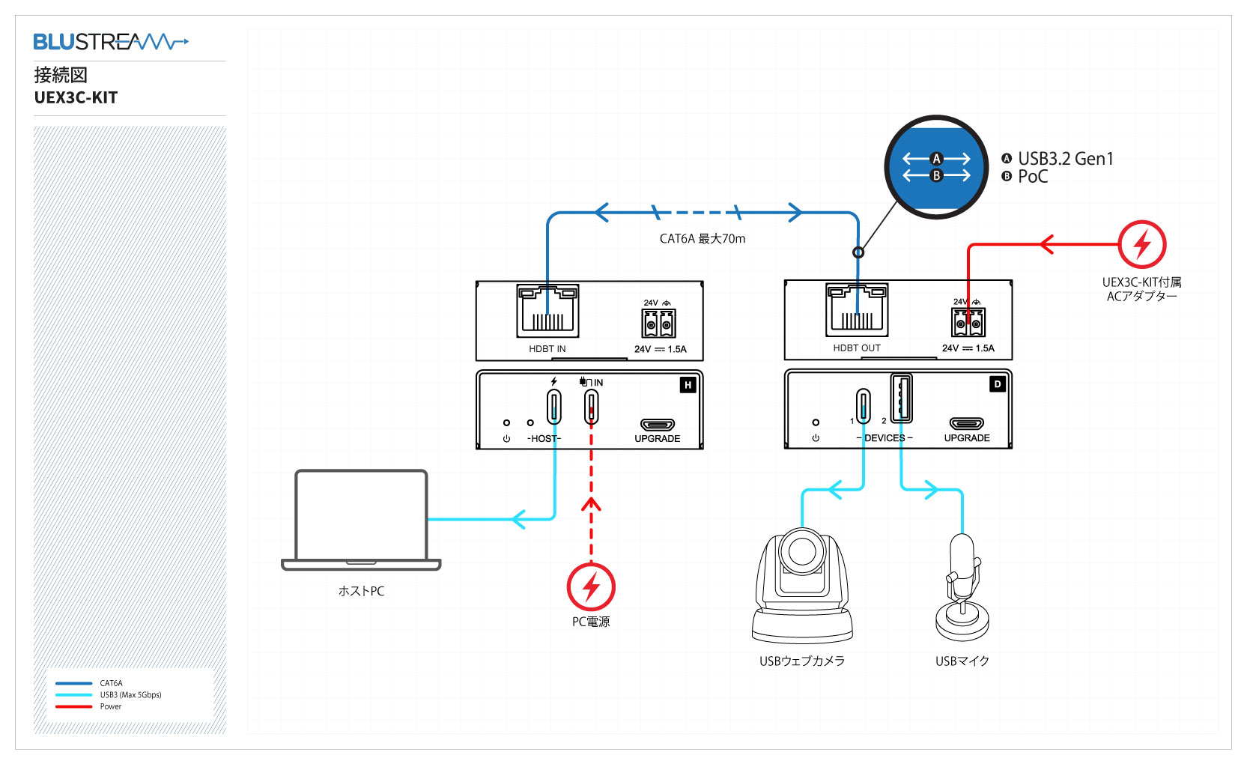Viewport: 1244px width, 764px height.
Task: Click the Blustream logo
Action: (x=110, y=42)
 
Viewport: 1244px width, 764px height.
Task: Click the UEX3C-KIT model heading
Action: (x=76, y=98)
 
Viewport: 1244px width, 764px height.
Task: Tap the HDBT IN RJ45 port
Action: (x=547, y=311)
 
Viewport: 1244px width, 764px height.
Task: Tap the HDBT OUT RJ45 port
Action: (x=857, y=309)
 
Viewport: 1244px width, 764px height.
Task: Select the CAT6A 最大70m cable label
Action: (x=702, y=239)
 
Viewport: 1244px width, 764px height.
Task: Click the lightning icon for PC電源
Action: (x=591, y=586)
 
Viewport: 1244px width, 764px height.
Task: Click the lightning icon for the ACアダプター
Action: (x=1141, y=244)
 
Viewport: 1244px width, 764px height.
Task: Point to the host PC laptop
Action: (x=361, y=520)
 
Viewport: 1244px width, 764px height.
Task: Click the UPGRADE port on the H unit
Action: (x=658, y=425)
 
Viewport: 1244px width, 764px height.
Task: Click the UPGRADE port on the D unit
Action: (x=967, y=424)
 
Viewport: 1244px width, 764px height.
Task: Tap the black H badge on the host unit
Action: (x=688, y=385)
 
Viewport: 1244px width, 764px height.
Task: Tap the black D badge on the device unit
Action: (x=997, y=384)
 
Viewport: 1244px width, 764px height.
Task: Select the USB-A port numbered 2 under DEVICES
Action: (x=901, y=398)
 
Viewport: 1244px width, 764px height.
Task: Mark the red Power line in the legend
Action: (x=73, y=706)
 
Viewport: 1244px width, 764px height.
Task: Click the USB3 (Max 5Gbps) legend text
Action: (x=130, y=695)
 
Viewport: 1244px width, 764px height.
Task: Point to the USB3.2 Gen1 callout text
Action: (x=1065, y=159)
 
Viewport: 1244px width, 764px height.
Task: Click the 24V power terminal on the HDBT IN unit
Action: (x=659, y=324)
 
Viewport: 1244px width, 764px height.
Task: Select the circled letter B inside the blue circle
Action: (x=935, y=176)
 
